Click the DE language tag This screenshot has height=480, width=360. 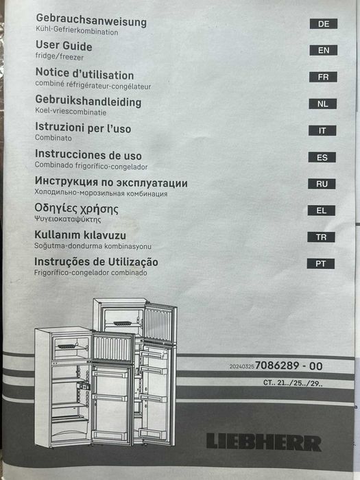tap(324, 24)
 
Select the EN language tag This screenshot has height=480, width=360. tap(323, 50)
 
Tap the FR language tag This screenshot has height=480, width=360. tap(323, 77)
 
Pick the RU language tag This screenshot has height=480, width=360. tap(322, 184)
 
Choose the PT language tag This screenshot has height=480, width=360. tap(320, 263)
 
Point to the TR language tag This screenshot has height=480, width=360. tap(321, 237)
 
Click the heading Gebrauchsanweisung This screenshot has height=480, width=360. tap(91, 21)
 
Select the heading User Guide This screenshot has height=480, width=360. tap(64, 46)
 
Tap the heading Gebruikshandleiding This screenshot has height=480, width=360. tap(88, 101)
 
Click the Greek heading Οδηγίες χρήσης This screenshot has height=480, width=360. tap(76, 208)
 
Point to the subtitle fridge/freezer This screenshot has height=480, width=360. tap(60, 57)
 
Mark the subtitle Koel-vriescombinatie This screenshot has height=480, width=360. tap(71, 112)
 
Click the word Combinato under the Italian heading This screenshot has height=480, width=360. tap(53, 138)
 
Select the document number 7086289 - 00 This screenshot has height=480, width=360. tap(289, 365)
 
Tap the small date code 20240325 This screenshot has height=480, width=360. tap(242, 366)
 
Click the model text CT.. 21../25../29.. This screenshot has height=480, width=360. tap(293, 383)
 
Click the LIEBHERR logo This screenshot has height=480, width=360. tap(263, 442)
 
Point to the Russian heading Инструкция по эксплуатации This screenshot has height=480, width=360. tap(111, 183)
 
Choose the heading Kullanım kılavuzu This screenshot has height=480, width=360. tap(80, 235)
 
